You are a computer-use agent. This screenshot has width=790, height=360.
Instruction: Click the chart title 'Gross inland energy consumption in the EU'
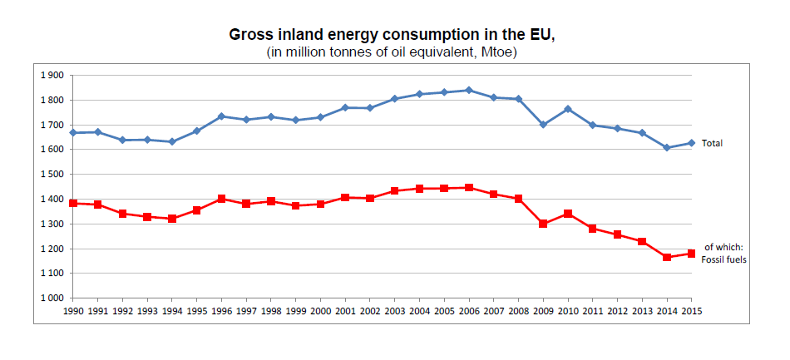coord(391,36)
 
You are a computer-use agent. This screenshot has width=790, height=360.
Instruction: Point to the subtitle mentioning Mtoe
coord(391,52)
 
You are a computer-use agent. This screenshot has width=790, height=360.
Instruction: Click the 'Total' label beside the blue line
coord(712,143)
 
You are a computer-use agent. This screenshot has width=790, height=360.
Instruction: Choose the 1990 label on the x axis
coord(73,311)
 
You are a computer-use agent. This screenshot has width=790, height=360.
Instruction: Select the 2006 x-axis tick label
coord(469,311)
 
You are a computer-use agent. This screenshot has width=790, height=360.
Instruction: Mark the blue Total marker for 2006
coord(469,90)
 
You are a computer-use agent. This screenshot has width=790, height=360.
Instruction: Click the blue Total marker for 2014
coord(667,148)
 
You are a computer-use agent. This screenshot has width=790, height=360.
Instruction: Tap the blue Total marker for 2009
coord(543,125)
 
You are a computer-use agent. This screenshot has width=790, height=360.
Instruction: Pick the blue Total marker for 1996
coord(221,116)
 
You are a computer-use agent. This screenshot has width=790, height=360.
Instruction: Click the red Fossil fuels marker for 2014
coord(667,258)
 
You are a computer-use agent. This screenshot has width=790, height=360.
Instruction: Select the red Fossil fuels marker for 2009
coord(543,224)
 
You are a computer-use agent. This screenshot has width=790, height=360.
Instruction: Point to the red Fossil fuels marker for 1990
coord(73,203)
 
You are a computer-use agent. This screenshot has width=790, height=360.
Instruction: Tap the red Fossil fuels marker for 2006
coord(469,188)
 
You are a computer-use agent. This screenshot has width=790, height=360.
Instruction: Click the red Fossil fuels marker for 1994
coord(172,219)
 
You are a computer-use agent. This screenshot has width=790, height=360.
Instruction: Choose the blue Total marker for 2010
coord(568,109)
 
